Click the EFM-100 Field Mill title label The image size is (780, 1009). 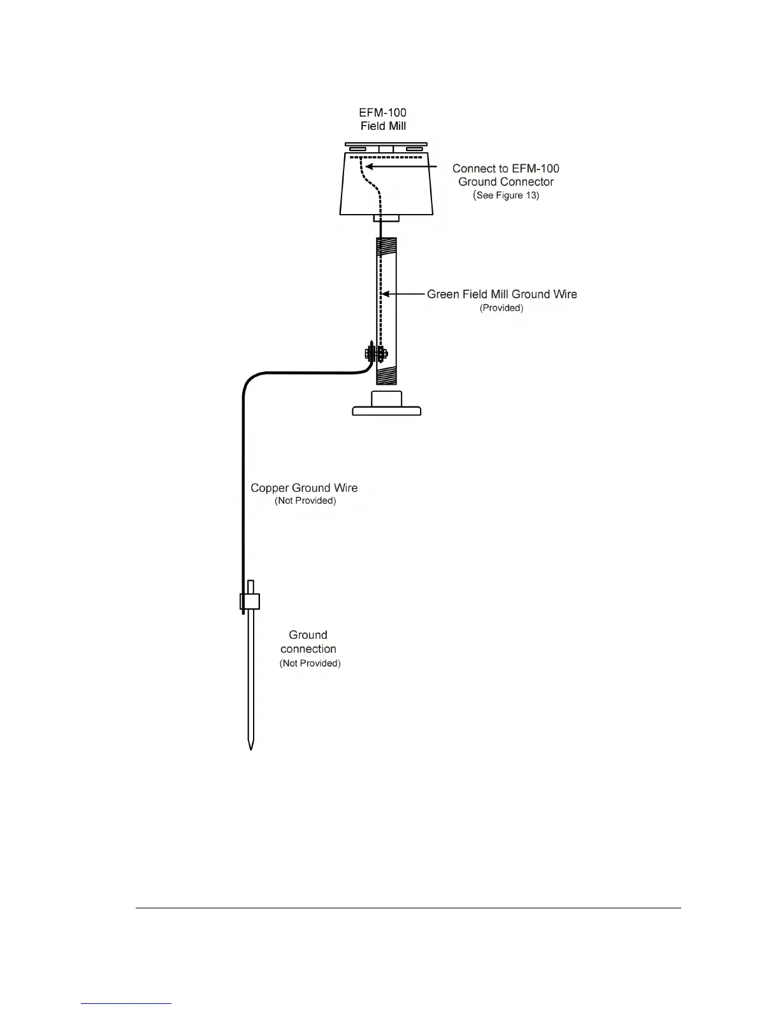tap(383, 119)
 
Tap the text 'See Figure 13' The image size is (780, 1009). tap(507, 195)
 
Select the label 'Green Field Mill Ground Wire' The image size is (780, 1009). tap(502, 294)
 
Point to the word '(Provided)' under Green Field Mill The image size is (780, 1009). tap(502, 308)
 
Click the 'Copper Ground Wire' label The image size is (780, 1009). tap(304, 488)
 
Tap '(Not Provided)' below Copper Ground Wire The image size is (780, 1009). tap(305, 501)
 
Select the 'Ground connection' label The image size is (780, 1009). tap(308, 642)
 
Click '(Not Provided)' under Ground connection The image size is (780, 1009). tap(310, 663)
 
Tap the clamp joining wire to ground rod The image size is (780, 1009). tap(250, 601)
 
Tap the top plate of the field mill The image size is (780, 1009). tap(386, 144)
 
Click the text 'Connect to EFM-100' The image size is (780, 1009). tap(506, 169)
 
